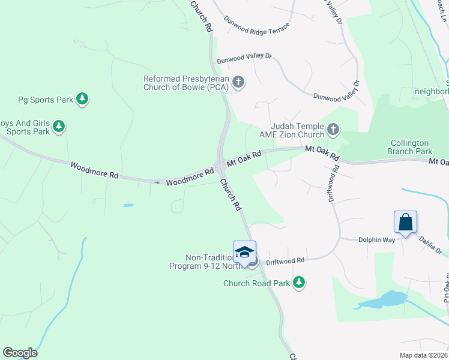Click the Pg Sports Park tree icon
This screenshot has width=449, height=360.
[83, 99]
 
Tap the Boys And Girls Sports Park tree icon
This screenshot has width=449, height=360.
[59, 126]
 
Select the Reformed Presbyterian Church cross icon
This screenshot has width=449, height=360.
[238, 82]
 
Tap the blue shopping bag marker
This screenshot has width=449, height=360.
[406, 221]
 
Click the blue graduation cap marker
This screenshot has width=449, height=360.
[244, 252]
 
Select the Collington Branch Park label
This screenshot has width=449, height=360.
[409, 148]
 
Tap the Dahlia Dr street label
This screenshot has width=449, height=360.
[430, 244]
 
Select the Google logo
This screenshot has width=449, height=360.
[20, 353]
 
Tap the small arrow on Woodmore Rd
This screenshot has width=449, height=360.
[158, 182]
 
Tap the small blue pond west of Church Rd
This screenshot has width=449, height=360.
[128, 205]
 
